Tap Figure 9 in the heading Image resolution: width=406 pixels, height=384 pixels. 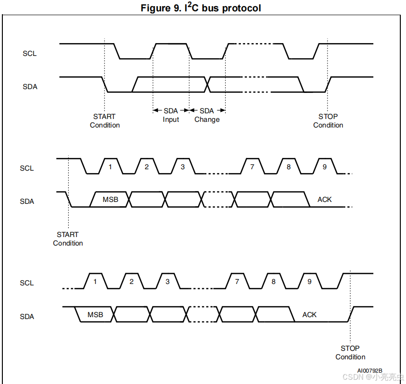pos(161,9)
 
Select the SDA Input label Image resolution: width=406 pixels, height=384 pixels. pos(171,115)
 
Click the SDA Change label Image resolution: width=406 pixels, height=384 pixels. pos(207,115)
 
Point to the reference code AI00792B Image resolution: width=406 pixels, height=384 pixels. pos(370,370)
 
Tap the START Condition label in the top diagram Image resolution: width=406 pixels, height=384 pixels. pos(105,121)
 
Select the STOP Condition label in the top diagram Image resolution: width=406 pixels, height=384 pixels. pos(328,121)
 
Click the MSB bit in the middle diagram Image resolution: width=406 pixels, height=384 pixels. pos(110,200)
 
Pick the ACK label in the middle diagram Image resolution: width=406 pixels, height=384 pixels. pos(325,200)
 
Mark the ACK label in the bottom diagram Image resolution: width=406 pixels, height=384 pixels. pos(309,315)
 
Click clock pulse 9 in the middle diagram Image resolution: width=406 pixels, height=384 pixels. pos(325,167)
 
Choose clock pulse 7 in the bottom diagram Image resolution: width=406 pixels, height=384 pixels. pos(237,282)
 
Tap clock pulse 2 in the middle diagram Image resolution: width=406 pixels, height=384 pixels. pos(147,167)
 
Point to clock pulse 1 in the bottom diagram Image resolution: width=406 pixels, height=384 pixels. pos(95,282)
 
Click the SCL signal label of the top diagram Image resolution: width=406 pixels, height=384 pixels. pos(29,54)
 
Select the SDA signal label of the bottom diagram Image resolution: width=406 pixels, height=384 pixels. pos(27,316)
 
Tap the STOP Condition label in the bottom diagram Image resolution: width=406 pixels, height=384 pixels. pos(350,353)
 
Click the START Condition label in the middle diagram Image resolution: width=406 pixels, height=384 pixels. pos(68,239)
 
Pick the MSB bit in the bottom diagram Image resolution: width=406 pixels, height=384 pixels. pos(95,315)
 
